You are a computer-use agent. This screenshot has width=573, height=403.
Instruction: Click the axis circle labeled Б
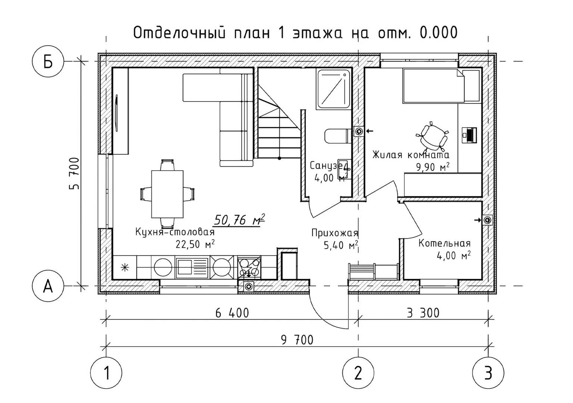tap(48, 62)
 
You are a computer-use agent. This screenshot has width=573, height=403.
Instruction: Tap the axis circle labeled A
tap(48, 286)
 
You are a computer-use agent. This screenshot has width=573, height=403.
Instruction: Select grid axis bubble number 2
tap(358, 373)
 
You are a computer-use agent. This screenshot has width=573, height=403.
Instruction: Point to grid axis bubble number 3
tap(488, 373)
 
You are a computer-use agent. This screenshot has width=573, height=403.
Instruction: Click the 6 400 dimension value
tap(232, 313)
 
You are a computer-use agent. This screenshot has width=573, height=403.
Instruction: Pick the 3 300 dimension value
tap(423, 313)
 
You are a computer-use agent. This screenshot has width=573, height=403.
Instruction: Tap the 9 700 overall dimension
tap(297, 340)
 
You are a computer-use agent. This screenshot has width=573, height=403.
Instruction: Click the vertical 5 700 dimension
tap(74, 174)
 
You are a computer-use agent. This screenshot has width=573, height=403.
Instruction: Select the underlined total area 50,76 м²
tap(239, 220)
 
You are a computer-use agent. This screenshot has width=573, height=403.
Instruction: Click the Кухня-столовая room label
tap(175, 232)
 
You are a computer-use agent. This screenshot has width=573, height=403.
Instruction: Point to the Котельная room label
tap(445, 243)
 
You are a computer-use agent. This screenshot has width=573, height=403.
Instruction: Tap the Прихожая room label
tap(335, 233)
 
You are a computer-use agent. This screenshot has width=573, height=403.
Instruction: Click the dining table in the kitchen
tap(167, 194)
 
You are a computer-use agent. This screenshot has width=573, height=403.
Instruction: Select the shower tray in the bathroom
tap(333, 90)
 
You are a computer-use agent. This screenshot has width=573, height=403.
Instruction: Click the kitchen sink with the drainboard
tap(192, 268)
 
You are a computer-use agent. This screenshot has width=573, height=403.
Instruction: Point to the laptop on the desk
tap(469, 135)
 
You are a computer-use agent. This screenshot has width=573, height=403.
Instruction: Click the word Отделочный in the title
tap(179, 33)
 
